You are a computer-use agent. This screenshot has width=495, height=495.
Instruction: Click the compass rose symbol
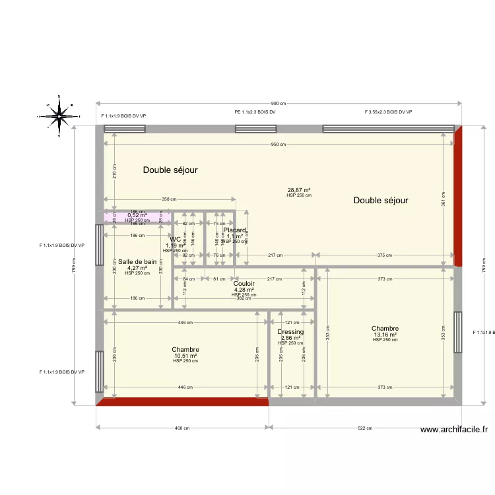point(59,116)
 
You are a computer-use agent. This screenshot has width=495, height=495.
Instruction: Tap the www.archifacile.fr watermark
point(455,430)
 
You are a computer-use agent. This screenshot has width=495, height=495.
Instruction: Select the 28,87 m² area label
point(298,189)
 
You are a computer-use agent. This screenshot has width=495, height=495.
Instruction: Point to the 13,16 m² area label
point(385,335)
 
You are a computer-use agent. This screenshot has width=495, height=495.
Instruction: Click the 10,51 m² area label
point(185,356)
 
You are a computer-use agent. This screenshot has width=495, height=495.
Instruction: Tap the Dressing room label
point(290,332)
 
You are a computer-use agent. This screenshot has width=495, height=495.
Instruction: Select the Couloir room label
point(244,284)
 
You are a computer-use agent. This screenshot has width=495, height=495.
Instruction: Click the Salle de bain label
point(137,262)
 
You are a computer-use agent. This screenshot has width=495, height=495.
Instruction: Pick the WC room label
point(175,240)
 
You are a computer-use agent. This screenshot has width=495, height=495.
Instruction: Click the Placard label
point(234,230)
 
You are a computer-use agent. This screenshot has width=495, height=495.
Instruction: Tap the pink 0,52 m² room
point(137,216)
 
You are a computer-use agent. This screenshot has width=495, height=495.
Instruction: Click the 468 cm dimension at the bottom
point(181,428)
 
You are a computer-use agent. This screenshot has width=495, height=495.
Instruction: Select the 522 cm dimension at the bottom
point(364,428)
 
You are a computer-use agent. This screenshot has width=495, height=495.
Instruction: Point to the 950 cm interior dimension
point(279,145)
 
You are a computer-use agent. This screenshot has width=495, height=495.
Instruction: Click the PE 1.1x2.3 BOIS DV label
point(255,113)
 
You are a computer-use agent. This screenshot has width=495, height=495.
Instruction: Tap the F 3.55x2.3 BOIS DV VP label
point(388,113)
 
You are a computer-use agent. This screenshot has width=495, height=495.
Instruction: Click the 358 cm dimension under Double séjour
point(170,199)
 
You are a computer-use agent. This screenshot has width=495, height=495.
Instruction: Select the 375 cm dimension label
point(385,255)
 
